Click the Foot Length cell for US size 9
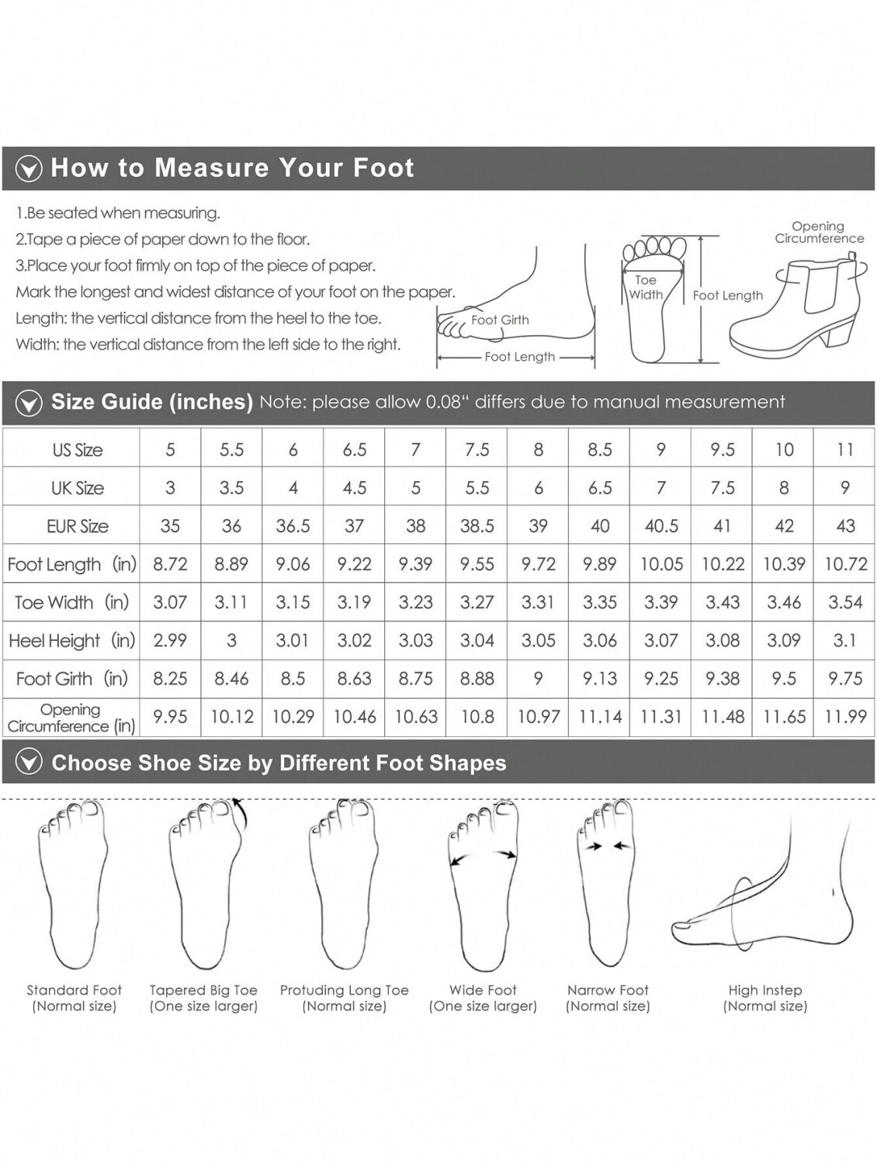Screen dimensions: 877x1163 pos(660,564)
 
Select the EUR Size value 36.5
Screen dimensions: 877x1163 pos(293,525)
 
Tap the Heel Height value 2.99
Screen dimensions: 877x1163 pos(170,640)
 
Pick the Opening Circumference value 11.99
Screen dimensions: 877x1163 pos(845,716)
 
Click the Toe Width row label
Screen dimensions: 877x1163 pos(71,602)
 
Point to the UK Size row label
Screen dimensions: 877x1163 pos(78,488)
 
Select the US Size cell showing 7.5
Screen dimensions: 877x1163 pos(477,450)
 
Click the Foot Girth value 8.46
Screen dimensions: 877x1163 pos(231,678)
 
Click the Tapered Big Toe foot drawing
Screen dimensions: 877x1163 pos(206,884)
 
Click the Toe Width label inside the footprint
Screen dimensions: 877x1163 pos(646,287)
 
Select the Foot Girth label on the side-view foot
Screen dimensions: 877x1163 pos(500,320)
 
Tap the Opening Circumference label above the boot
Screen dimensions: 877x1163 pos(820,233)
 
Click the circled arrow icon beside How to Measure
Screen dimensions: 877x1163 pos(29,169)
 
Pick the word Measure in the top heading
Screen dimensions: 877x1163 pos(211,168)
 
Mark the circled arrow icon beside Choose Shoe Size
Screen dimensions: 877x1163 pos(29,763)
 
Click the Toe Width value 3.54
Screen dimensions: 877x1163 pos(845,602)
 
